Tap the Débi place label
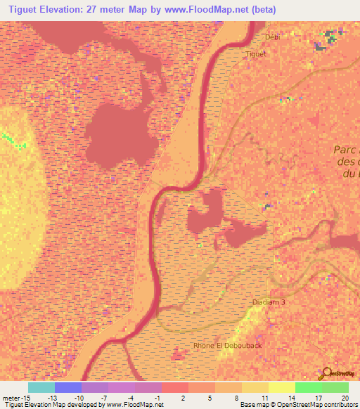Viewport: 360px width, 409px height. point(271,37)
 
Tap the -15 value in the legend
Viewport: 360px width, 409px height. point(18,397)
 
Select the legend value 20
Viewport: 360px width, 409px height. point(343,397)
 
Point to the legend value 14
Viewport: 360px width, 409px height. point(290,397)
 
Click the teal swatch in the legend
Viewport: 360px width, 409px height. point(41,387)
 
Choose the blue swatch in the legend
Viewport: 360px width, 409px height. point(67,387)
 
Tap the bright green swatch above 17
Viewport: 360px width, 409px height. point(308,387)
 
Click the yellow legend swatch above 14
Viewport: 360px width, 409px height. point(281,387)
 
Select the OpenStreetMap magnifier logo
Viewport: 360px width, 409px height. point(326,373)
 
